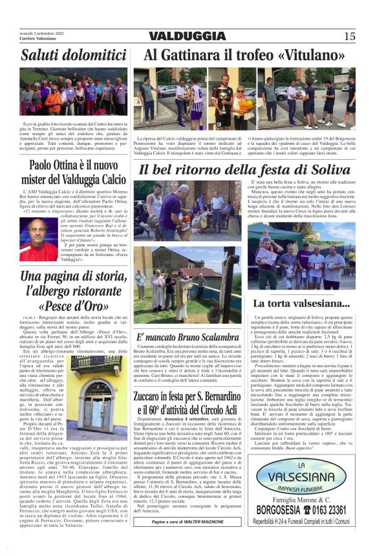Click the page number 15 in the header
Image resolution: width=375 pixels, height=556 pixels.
pos(349,36)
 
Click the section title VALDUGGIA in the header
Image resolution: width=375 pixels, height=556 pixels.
pos(187,36)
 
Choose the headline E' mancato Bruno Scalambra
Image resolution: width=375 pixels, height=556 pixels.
pos(187,337)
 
